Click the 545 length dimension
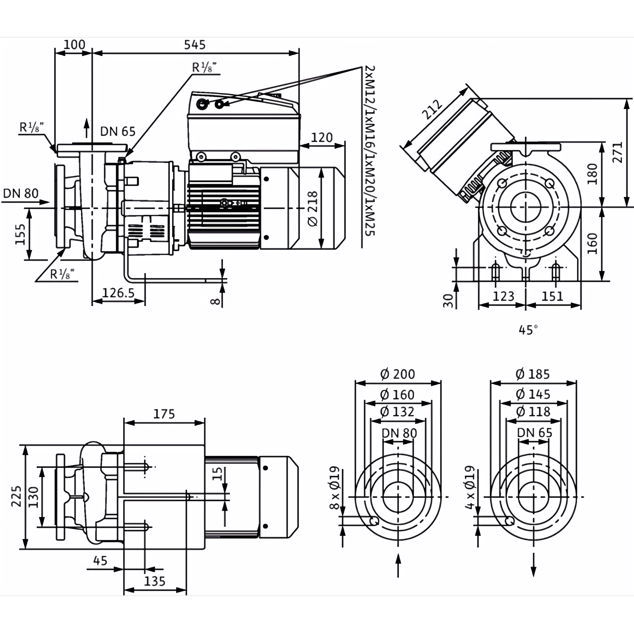(x=195, y=45)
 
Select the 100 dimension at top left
(x=74, y=45)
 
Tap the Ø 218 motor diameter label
(x=313, y=209)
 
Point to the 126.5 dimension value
(x=118, y=293)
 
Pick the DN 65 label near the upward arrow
(x=118, y=131)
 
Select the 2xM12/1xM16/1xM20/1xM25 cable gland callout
(x=370, y=151)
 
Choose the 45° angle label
(x=528, y=330)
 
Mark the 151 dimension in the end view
(x=552, y=296)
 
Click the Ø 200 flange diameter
(x=397, y=374)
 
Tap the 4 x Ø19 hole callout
(x=470, y=487)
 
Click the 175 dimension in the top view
(x=164, y=414)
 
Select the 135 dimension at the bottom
(x=155, y=582)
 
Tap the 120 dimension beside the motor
(x=322, y=137)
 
